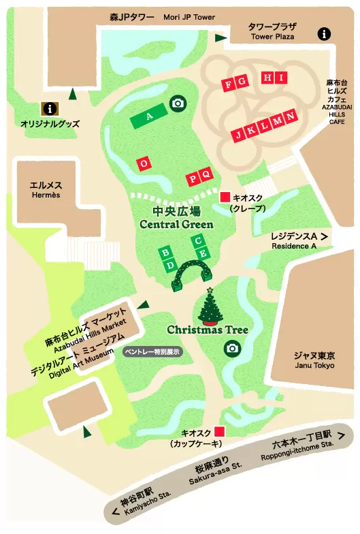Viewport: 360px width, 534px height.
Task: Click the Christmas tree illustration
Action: tap(211, 307)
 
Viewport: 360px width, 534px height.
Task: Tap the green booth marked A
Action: tap(149, 116)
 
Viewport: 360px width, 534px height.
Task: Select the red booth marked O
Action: tap(143, 163)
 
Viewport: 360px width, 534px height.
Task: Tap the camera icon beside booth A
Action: tap(178, 103)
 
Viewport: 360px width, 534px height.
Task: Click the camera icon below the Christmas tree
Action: tap(232, 348)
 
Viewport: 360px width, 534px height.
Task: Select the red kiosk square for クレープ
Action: tap(225, 197)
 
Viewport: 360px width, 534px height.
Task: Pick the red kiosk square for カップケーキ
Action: tap(218, 431)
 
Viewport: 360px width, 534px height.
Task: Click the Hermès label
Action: tap(46, 189)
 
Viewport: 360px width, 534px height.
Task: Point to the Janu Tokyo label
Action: tap(314, 360)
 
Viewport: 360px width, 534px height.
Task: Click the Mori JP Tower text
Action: tap(189, 16)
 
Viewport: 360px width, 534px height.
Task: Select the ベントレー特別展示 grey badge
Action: tap(151, 351)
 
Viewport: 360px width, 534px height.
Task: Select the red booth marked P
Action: tap(193, 179)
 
